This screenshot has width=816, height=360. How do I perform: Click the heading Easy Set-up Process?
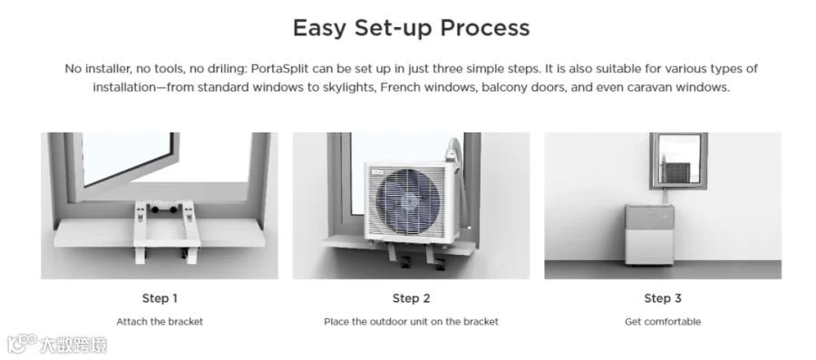pos(411,28)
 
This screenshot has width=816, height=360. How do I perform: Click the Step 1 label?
pos(160,298)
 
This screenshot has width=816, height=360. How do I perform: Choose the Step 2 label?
pos(411,298)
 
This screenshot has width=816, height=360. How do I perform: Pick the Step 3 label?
pos(663,298)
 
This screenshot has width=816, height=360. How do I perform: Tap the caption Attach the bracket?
pos(160,322)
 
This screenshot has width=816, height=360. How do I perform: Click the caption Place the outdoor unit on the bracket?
pos(411,322)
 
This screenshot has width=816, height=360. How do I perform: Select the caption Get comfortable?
pos(663,322)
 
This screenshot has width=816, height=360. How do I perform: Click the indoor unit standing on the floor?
pos(649,235)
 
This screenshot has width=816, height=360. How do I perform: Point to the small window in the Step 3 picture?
pos(678,161)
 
